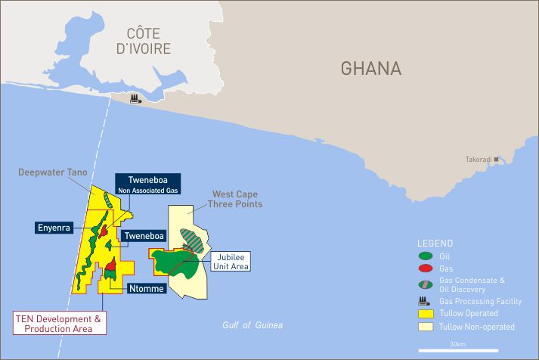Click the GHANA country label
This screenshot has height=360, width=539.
click(x=370, y=69)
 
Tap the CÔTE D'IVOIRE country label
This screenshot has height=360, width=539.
click(x=149, y=41)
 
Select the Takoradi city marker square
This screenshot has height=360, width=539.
click(x=497, y=159)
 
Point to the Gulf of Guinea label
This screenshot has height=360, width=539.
click(x=252, y=325)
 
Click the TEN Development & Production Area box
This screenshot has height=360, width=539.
click(x=60, y=324)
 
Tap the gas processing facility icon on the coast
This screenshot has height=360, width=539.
click(x=136, y=99)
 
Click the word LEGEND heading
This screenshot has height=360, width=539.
click(x=435, y=244)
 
